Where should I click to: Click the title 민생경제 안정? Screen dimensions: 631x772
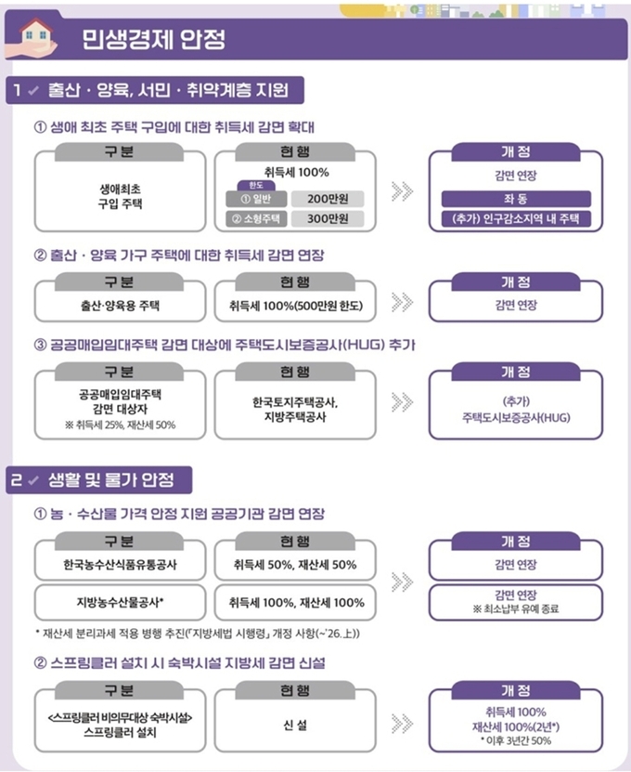(x=153, y=39)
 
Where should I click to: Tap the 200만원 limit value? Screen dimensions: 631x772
(x=328, y=199)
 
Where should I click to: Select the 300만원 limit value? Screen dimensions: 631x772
(x=328, y=218)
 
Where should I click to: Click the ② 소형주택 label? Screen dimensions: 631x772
(x=256, y=218)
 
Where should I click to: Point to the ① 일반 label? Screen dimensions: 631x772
(x=256, y=199)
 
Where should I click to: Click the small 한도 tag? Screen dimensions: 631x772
(x=256, y=186)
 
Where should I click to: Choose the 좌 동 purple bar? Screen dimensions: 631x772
(x=516, y=199)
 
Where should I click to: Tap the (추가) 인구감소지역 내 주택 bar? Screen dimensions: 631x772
(x=516, y=218)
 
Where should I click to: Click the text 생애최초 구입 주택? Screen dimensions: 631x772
(x=120, y=196)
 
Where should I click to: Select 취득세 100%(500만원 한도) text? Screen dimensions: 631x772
(x=296, y=306)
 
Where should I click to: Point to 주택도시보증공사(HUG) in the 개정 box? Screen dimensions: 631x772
(x=516, y=418)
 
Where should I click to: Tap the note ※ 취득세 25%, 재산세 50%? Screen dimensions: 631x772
(x=120, y=425)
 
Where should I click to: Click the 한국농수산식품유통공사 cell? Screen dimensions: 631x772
(x=120, y=565)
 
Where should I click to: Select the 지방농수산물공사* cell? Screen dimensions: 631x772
(x=120, y=602)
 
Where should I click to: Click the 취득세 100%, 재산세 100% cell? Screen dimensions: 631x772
(x=296, y=602)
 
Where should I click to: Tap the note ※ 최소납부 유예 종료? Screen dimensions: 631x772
(x=516, y=609)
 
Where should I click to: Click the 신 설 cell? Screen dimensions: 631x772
(x=296, y=725)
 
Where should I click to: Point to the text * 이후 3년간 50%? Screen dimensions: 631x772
(x=516, y=740)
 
